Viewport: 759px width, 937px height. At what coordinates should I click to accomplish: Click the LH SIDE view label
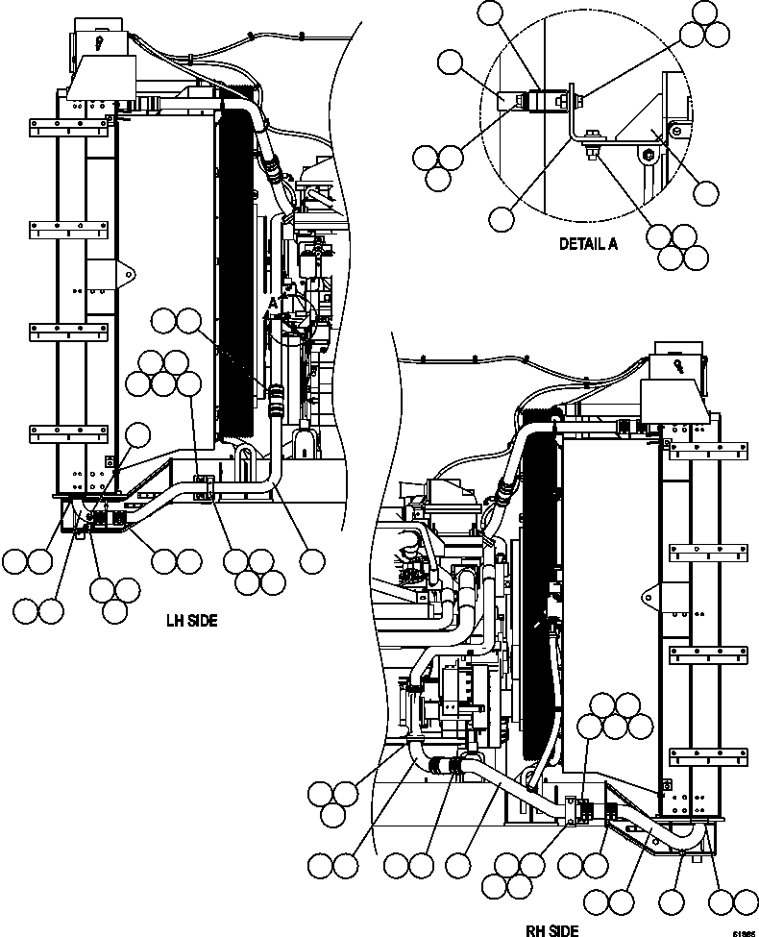191,621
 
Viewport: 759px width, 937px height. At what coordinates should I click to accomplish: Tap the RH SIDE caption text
551,930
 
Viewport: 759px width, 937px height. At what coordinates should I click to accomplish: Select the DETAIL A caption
588,244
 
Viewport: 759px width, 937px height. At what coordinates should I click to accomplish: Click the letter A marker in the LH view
273,303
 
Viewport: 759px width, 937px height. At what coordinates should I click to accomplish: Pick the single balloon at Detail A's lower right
705,193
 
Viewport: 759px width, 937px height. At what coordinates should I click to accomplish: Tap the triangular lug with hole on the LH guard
123,274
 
